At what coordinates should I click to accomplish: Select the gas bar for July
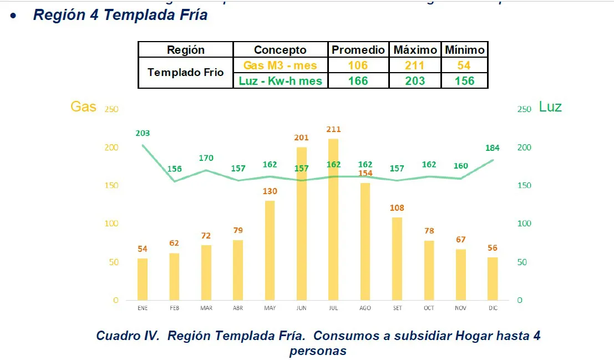point(333,219)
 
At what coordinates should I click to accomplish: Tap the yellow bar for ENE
point(143,279)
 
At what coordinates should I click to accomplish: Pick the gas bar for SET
point(397,258)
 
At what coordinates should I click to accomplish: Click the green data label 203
point(143,133)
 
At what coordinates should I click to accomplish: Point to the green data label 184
point(493,148)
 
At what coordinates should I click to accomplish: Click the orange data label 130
point(270,191)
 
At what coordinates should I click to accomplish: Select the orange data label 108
point(397,208)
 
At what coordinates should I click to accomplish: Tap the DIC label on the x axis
point(493,308)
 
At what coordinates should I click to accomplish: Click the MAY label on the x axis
point(270,308)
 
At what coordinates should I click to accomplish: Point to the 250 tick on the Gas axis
point(111,109)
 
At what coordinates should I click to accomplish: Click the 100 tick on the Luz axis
point(524,224)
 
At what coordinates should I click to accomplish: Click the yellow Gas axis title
point(83,107)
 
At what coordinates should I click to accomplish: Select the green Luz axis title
point(550,107)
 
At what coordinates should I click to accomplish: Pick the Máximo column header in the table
point(415,50)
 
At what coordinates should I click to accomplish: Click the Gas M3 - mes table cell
point(280,65)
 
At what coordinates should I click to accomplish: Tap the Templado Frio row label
point(186,73)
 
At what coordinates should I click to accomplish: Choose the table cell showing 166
point(358,81)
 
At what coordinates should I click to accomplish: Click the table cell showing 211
point(415,65)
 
